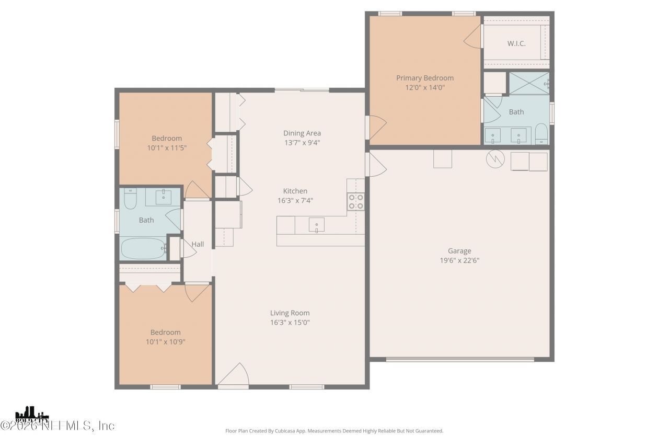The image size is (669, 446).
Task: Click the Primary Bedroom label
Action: click(x=424, y=78)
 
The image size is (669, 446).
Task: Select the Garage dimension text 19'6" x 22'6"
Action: click(x=459, y=260)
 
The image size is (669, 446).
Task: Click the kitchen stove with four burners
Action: click(x=356, y=201)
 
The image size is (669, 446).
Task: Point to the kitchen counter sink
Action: click(x=316, y=225)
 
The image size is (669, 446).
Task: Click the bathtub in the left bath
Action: click(x=143, y=249)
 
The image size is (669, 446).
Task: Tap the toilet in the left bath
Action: click(x=130, y=198)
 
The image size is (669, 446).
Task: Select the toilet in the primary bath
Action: click(x=541, y=133)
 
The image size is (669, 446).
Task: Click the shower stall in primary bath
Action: click(x=529, y=83)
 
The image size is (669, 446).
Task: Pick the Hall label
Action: click(x=198, y=244)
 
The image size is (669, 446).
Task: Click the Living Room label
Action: click(x=290, y=313)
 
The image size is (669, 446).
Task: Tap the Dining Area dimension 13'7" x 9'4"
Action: click(x=302, y=142)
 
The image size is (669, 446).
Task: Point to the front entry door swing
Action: click(x=233, y=375)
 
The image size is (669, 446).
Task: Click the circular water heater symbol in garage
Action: click(x=494, y=158)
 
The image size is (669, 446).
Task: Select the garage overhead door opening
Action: click(x=460, y=359)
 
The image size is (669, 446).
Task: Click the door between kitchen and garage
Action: click(x=376, y=164)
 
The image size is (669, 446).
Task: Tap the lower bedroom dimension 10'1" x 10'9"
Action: click(x=165, y=341)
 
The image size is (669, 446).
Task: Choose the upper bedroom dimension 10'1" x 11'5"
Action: click(x=166, y=147)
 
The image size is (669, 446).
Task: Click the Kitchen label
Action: click(x=295, y=191)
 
